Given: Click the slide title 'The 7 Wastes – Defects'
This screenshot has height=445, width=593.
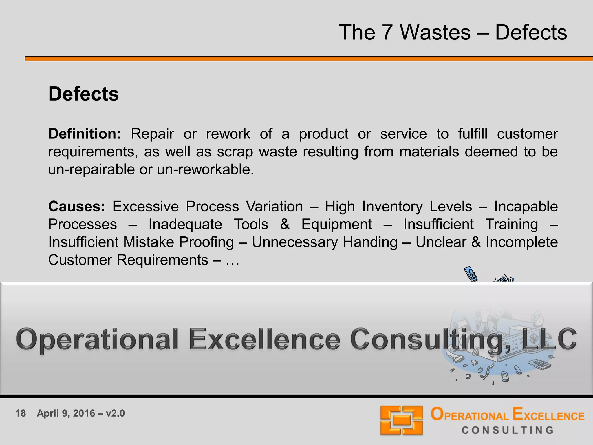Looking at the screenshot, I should [453, 32].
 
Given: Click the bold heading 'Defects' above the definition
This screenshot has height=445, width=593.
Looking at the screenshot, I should [83, 94].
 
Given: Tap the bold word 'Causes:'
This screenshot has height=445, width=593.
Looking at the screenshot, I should [77, 207].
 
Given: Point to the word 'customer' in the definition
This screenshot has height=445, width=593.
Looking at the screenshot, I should [527, 134].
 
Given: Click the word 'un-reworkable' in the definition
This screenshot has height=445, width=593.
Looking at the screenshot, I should [205, 169].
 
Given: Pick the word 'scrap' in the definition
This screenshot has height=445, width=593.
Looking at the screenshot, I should [235, 152].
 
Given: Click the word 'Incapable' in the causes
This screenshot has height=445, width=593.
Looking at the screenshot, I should [526, 207].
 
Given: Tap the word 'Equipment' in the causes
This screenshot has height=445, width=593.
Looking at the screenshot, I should [336, 225].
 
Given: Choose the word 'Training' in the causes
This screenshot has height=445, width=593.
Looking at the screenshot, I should [512, 225].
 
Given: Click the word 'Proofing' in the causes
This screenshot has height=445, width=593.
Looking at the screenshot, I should [206, 242].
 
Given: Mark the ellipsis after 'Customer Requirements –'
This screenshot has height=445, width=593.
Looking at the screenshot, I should [232, 260].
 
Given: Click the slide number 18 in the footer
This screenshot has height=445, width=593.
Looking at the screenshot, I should [21, 413].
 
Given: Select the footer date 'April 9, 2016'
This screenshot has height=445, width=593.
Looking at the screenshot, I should [66, 413].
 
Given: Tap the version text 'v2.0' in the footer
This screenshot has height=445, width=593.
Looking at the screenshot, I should [115, 413].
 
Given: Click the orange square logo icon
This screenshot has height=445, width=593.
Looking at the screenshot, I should [402, 420].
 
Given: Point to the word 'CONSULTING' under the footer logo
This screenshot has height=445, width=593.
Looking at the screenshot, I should [508, 430].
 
